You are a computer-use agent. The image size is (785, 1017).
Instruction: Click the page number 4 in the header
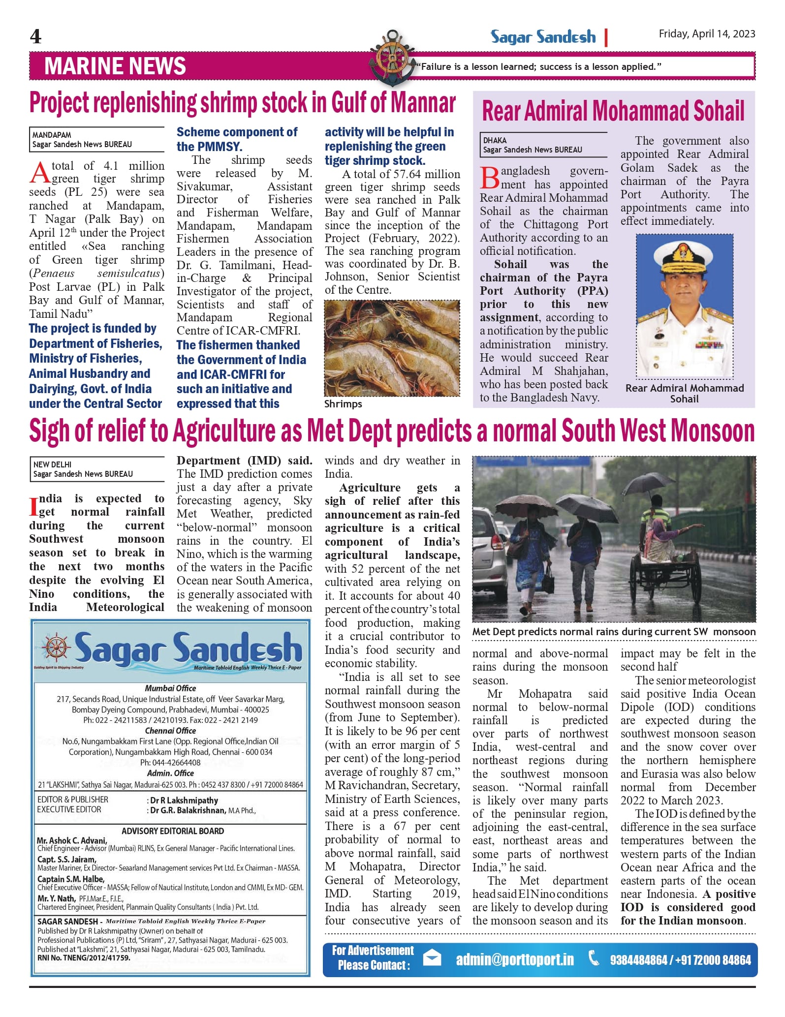pyautogui.click(x=35, y=36)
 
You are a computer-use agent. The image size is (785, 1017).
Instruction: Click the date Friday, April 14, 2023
pyautogui.click(x=707, y=33)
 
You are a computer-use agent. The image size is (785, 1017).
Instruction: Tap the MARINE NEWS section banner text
pyautogui.click(x=115, y=66)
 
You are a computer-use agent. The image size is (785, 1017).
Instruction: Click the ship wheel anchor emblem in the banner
pyautogui.click(x=392, y=58)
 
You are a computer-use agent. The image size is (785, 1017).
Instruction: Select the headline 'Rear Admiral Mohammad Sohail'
pyautogui.click(x=613, y=111)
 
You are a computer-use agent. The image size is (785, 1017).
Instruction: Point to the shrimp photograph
pyautogui.click(x=392, y=348)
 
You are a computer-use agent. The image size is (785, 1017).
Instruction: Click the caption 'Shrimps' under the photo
pyautogui.click(x=343, y=404)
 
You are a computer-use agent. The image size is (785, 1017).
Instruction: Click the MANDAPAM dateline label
pyautogui.click(x=52, y=135)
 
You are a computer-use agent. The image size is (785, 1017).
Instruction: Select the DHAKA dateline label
pyautogui.click(x=495, y=140)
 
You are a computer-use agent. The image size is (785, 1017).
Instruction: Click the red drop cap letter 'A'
pyautogui.click(x=39, y=173)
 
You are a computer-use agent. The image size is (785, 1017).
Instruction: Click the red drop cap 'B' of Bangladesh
pyautogui.click(x=490, y=178)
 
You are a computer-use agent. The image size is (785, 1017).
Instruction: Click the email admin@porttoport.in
pyautogui.click(x=515, y=959)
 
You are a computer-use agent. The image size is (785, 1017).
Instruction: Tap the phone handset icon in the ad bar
pyautogui.click(x=594, y=958)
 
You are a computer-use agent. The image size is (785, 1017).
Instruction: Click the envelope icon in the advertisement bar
pyautogui.click(x=432, y=958)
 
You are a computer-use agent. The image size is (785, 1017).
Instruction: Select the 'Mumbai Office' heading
pyautogui.click(x=170, y=688)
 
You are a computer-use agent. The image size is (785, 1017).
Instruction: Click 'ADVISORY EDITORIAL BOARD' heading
pyautogui.click(x=173, y=831)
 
